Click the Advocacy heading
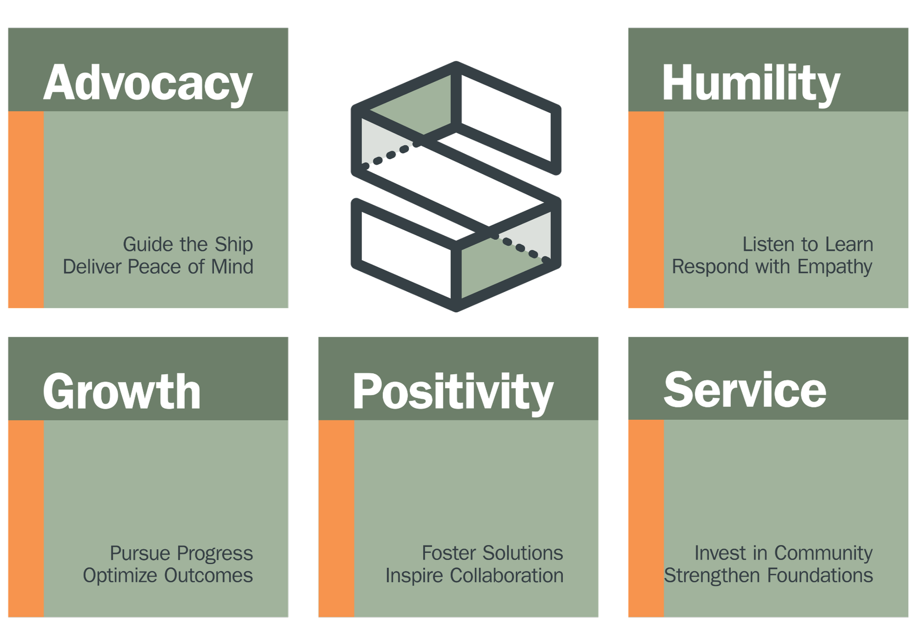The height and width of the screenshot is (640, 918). point(148,83)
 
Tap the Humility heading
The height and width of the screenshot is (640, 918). point(751,83)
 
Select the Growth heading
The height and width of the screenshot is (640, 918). point(122,391)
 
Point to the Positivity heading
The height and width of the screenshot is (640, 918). point(453,391)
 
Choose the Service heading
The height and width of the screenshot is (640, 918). point(745,390)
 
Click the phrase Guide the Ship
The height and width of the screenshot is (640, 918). point(188,244)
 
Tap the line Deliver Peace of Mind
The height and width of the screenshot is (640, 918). point(158,267)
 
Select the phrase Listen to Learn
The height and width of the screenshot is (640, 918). point(807,244)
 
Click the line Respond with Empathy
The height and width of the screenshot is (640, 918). point(772,267)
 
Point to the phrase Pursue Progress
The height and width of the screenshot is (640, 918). point(181,553)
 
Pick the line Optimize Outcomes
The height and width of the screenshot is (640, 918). point(168,575)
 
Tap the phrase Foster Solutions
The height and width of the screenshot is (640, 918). point(492,553)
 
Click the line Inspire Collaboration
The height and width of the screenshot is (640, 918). point(474,575)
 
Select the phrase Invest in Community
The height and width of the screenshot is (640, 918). point(783,553)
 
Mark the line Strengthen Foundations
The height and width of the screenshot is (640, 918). point(768,575)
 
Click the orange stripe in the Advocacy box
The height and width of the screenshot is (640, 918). point(26,210)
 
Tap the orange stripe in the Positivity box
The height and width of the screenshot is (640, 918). point(336,518)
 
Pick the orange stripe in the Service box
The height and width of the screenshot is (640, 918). point(646,518)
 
